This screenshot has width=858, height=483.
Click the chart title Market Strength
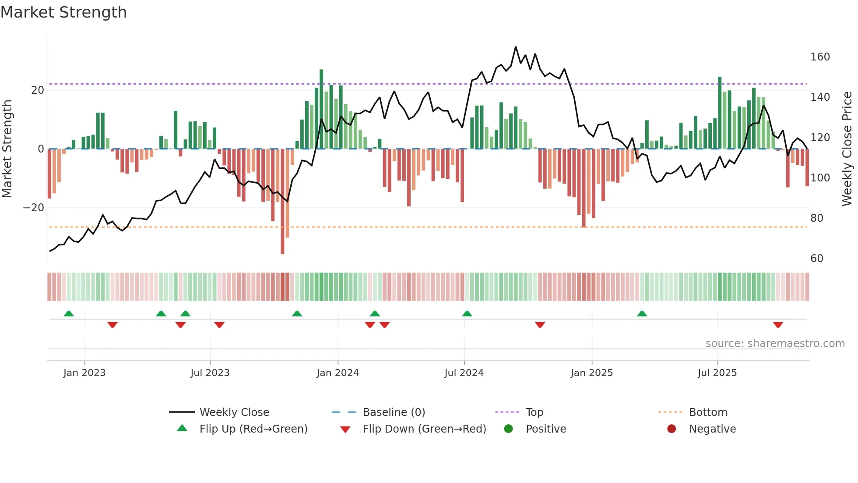tap(63, 12)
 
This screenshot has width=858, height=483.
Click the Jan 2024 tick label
tap(338, 373)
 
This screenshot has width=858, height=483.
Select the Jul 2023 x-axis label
tap(210, 373)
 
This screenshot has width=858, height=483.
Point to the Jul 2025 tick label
tap(717, 373)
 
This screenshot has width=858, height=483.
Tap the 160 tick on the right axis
tap(820, 57)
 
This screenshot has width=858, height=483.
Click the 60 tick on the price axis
tap(816, 259)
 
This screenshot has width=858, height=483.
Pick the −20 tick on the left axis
tap(34, 208)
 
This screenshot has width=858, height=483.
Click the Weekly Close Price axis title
tap(847, 149)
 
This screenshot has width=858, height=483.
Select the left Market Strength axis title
tap(7, 149)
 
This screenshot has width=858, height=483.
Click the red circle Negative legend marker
tap(671, 429)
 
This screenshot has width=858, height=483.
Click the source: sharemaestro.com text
tap(775, 344)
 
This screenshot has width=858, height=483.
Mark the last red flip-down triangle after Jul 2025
tap(778, 325)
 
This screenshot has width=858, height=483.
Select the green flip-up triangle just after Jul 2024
tap(467, 313)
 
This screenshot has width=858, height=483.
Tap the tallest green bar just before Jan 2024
tap(321, 110)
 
